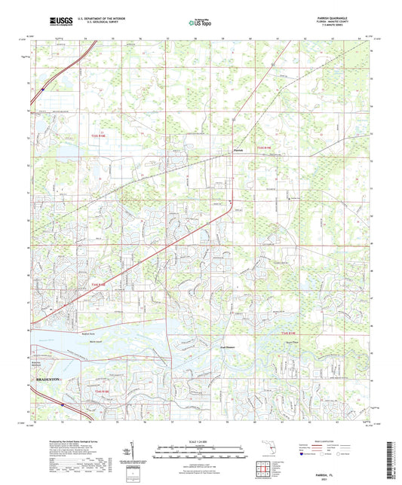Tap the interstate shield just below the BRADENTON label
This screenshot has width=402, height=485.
point(63,404)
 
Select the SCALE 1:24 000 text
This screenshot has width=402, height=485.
point(201,441)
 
